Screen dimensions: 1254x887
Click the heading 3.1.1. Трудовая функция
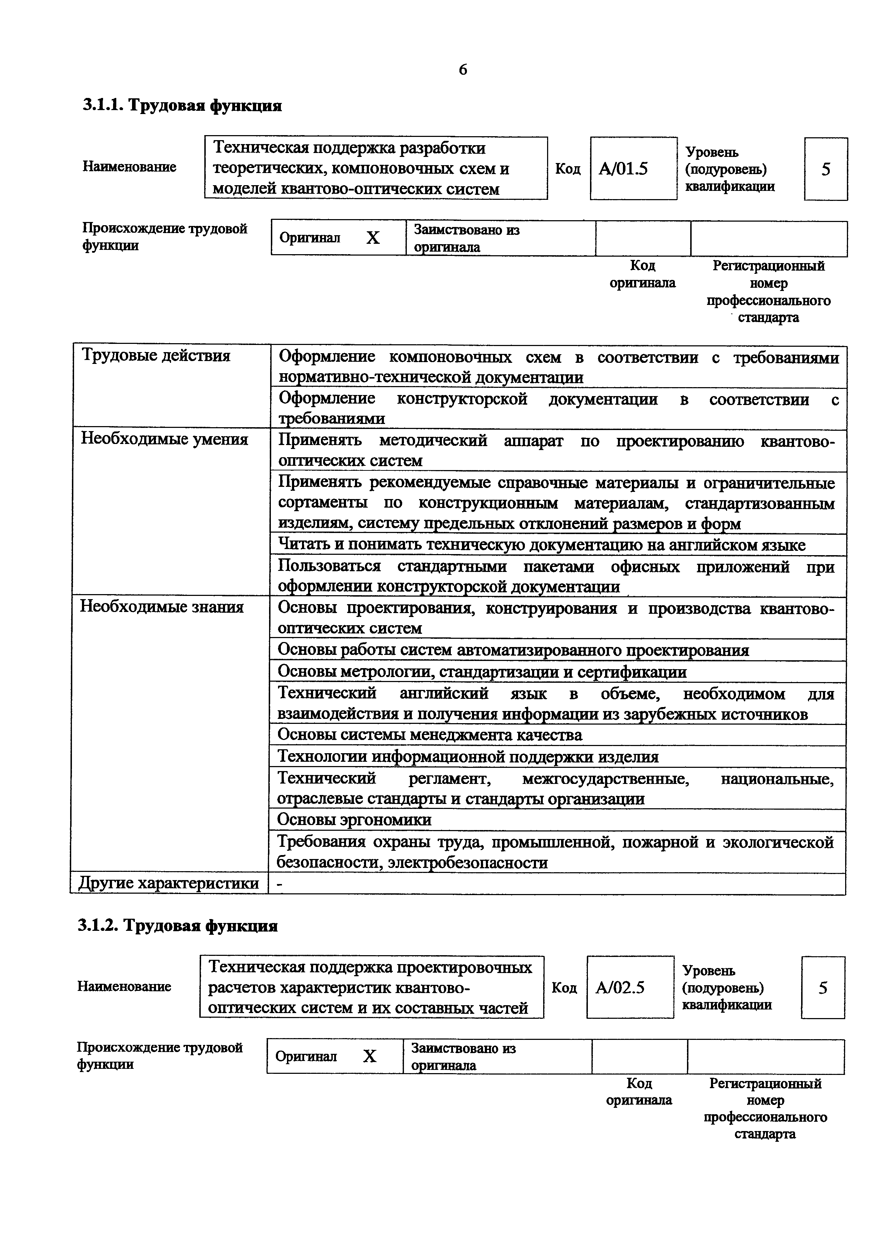[182, 105]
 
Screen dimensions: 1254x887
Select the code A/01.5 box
[633, 169]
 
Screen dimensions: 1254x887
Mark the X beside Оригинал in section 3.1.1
[373, 238]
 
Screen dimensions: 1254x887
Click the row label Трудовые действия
[156, 356]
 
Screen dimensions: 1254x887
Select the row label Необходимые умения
[164, 439]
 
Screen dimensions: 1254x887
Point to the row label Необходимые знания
[162, 607]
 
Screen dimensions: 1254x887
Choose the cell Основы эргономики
[354, 820]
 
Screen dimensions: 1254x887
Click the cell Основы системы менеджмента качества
[430, 735]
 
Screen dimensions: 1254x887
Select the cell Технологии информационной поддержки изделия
[468, 757]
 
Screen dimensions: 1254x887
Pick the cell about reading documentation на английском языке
[541, 545]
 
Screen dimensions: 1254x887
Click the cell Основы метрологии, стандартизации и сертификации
[482, 672]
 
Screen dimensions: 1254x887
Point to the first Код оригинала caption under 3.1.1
[642, 274]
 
